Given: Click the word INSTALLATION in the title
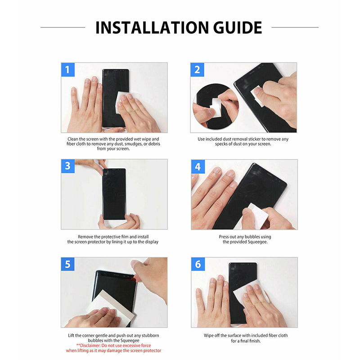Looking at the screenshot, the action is [x=153, y=27].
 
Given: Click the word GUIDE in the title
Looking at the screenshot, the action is [x=238, y=27].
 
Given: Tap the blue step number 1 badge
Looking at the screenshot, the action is [x=68, y=70].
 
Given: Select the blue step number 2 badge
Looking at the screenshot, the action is [x=197, y=70].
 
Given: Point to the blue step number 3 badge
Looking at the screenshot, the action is [x=68, y=166].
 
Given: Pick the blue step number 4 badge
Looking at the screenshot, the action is [x=198, y=166].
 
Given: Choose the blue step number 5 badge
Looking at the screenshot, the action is [x=68, y=264].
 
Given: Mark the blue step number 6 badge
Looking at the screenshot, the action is [x=198, y=264].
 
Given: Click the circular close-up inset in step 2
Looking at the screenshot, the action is [x=216, y=106].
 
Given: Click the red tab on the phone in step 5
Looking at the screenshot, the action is [x=132, y=279].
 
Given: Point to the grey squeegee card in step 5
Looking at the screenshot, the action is [x=110, y=306].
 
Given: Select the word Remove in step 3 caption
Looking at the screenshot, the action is [x=85, y=237].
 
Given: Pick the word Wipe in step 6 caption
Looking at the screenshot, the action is [x=208, y=336].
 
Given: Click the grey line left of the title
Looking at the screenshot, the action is [x=63, y=27].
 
